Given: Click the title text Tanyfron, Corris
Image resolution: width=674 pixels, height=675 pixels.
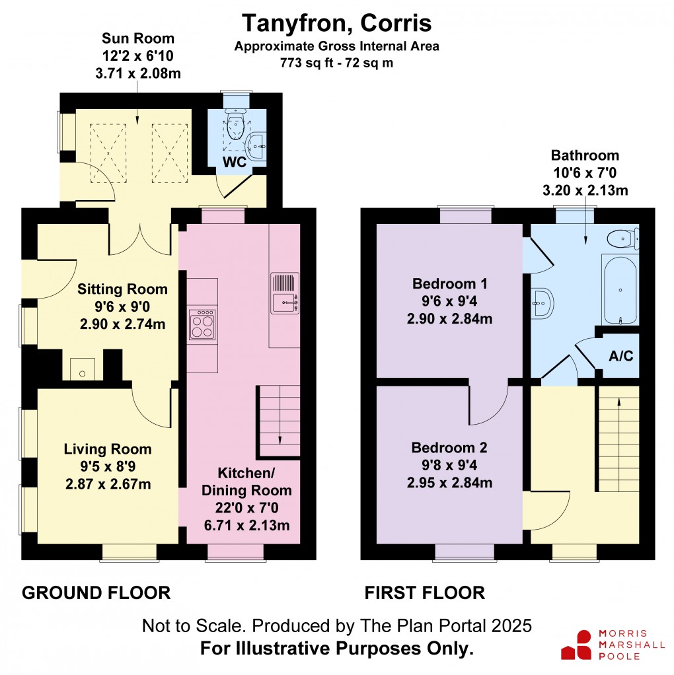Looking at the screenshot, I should click(336, 23).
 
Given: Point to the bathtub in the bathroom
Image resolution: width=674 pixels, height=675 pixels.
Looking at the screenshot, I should click(620, 290).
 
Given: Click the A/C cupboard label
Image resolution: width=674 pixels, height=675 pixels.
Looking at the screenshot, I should click(620, 356).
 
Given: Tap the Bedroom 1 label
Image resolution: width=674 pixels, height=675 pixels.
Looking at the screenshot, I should click(449, 284).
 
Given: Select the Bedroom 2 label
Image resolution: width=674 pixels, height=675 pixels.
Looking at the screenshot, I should click(449, 447).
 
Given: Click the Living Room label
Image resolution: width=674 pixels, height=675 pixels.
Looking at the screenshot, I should click(108, 449).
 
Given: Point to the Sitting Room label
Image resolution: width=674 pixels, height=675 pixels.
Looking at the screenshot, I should click(122, 289).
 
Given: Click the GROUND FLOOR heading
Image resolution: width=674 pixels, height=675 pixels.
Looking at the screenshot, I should click(96, 592).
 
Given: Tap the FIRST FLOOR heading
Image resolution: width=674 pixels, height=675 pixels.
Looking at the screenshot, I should click(425, 592).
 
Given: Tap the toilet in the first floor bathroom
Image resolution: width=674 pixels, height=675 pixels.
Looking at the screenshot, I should click(622, 238).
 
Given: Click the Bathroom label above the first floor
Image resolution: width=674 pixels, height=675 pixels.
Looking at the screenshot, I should click(585, 156).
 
